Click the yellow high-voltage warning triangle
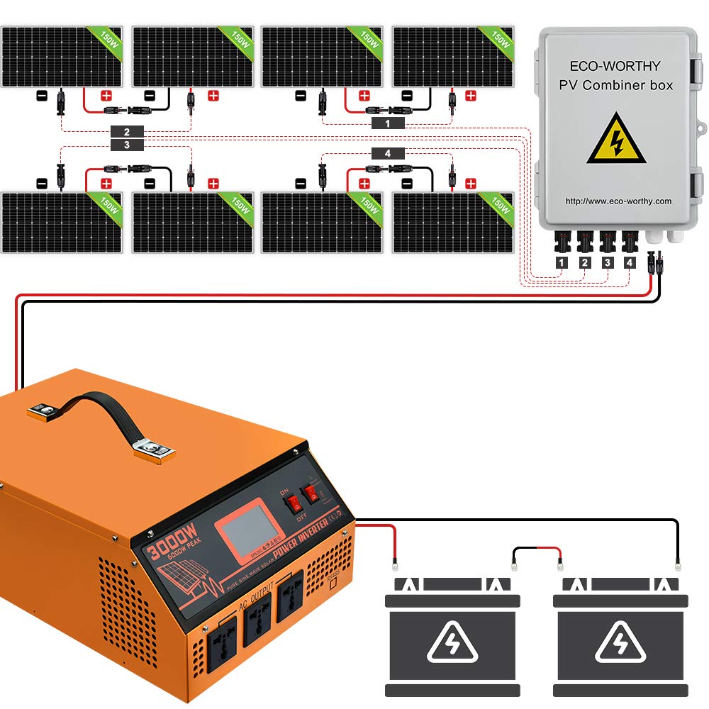click(x=616, y=140)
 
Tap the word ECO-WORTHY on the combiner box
click(x=615, y=66)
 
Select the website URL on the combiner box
click(x=618, y=201)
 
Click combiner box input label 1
click(x=562, y=263)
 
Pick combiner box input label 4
click(x=629, y=263)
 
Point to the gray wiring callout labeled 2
click(x=127, y=132)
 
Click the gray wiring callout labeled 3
click(x=127, y=145)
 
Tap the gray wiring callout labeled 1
click(x=387, y=123)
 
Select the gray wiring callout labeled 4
click(x=387, y=153)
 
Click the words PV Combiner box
click(x=615, y=86)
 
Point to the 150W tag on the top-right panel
click(x=500, y=40)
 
